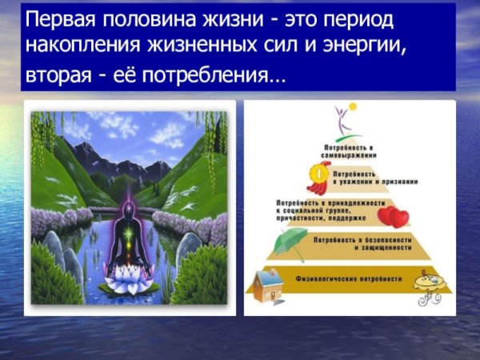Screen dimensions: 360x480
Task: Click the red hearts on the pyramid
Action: coord(393,216)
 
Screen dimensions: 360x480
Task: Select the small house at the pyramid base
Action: coord(268,285)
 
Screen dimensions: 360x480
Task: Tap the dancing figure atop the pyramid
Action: coord(346,121)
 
